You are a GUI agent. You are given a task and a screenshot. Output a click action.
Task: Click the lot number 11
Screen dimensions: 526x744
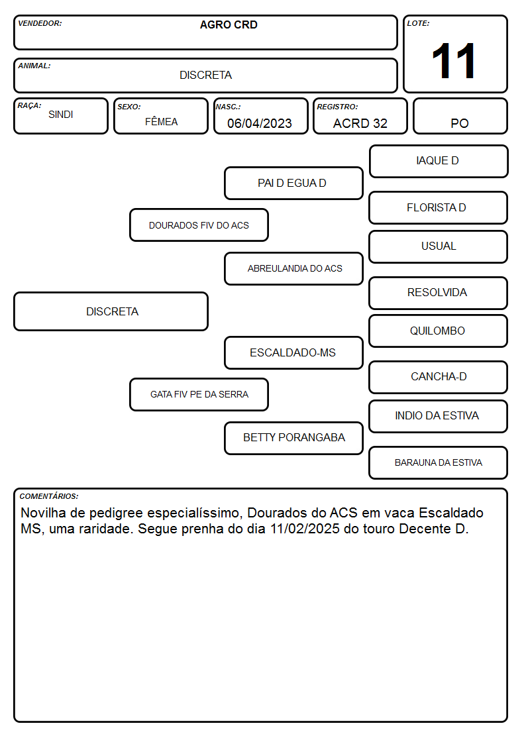453,61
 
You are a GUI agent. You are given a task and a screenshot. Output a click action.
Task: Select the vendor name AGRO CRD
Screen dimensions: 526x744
229,25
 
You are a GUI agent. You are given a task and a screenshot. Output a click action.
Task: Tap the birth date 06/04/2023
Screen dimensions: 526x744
260,123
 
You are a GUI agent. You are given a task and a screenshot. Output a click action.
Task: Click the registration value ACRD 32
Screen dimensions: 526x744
360,123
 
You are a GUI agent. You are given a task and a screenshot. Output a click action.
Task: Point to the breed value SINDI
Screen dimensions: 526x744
61,115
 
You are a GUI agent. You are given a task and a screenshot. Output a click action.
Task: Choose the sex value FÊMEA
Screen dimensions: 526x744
161,121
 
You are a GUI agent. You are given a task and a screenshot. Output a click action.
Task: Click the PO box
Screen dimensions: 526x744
460,116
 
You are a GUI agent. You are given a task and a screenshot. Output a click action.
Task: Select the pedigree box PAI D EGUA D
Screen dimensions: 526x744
293,183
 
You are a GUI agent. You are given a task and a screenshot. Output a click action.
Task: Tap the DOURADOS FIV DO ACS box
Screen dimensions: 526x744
199,225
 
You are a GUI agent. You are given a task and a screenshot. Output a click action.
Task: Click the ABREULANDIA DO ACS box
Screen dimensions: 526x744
293,268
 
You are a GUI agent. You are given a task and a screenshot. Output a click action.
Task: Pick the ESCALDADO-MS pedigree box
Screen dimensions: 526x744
293,352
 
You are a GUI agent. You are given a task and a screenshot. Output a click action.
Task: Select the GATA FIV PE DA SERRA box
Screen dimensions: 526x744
199,394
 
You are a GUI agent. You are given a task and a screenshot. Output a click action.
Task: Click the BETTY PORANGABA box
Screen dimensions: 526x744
293,438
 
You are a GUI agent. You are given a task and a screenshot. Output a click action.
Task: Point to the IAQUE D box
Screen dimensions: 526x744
439,162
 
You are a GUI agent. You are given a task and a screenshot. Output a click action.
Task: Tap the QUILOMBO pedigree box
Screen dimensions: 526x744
439,331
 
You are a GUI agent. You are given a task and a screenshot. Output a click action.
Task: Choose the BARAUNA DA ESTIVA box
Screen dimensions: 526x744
439,462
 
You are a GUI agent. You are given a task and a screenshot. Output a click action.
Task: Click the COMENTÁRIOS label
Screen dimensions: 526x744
49,496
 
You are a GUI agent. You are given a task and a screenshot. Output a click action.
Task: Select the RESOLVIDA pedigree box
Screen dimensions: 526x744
439,293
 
